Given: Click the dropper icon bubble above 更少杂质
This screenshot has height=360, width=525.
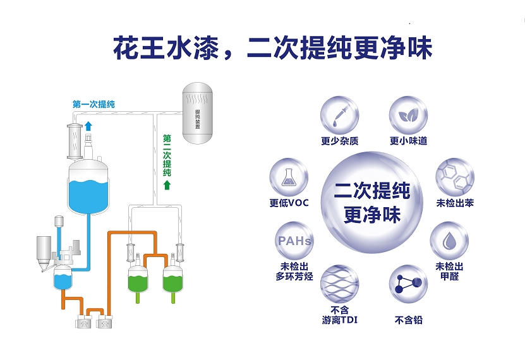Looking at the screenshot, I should point(339,115).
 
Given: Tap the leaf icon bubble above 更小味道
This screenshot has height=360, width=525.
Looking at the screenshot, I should point(407,115).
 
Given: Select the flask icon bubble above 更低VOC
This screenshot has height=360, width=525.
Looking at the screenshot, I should point(289,177).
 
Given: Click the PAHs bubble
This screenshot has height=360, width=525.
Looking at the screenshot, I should point(294,241).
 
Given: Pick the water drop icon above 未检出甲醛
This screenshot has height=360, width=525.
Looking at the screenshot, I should point(449,241).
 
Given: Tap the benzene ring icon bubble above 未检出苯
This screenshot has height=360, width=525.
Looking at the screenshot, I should point(456,177).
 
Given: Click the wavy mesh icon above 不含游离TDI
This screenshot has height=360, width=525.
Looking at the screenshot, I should point(340,284).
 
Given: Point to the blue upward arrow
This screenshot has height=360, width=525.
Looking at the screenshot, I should point(88,126).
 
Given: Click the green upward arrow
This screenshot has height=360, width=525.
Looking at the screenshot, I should point(167,184).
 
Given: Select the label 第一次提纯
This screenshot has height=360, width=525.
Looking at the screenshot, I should point(94,104).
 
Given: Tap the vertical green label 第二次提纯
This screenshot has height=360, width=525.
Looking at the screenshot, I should point(167,155).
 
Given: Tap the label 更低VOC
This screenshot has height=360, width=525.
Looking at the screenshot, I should point(289,203).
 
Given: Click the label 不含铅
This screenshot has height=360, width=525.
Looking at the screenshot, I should point(408,320).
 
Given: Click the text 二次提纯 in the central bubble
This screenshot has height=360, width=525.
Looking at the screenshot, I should point(372,190).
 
